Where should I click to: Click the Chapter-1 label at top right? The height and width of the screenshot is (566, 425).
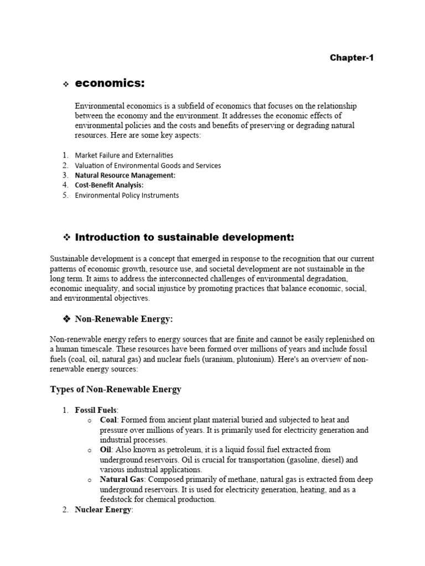[352, 57]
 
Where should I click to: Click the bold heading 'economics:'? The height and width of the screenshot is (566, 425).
[110, 83]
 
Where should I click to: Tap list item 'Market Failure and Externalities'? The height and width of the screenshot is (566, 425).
[124, 155]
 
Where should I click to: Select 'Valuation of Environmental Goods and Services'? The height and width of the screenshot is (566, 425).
[148, 165]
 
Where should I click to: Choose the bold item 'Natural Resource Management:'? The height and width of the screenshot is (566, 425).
[125, 175]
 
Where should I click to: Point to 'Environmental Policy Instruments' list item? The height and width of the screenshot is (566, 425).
[127, 195]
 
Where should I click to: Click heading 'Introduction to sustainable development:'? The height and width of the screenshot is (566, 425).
[184, 238]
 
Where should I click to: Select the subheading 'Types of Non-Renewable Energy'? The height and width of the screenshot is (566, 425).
[116, 390]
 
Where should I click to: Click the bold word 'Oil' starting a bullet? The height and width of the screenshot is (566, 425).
[106, 450]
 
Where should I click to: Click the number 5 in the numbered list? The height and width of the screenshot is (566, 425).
[65, 195]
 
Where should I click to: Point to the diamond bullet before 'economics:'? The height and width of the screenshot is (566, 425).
[65, 84]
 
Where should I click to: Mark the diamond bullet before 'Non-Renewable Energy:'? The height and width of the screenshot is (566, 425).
[65, 319]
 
